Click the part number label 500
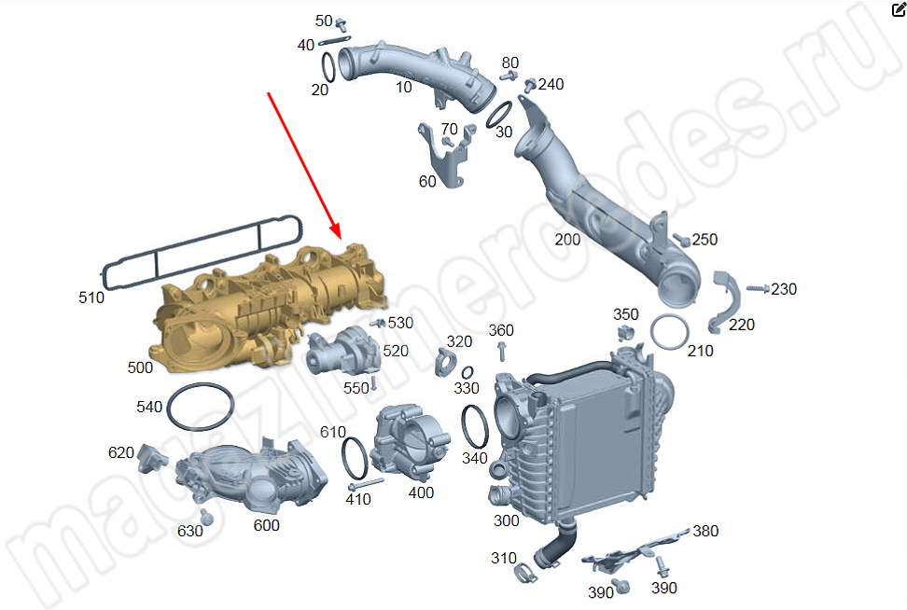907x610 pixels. [140, 367]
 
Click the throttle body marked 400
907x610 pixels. [410, 442]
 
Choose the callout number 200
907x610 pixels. [567, 240]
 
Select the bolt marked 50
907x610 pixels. [342, 24]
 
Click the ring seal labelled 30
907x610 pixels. [498, 115]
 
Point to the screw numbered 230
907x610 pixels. [758, 288]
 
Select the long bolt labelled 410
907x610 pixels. [365, 484]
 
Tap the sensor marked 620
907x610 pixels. [152, 459]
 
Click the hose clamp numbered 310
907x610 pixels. [524, 573]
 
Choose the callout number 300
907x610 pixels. [506, 520]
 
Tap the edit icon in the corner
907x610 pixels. [899, 8]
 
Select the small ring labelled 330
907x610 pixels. [467, 373]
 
